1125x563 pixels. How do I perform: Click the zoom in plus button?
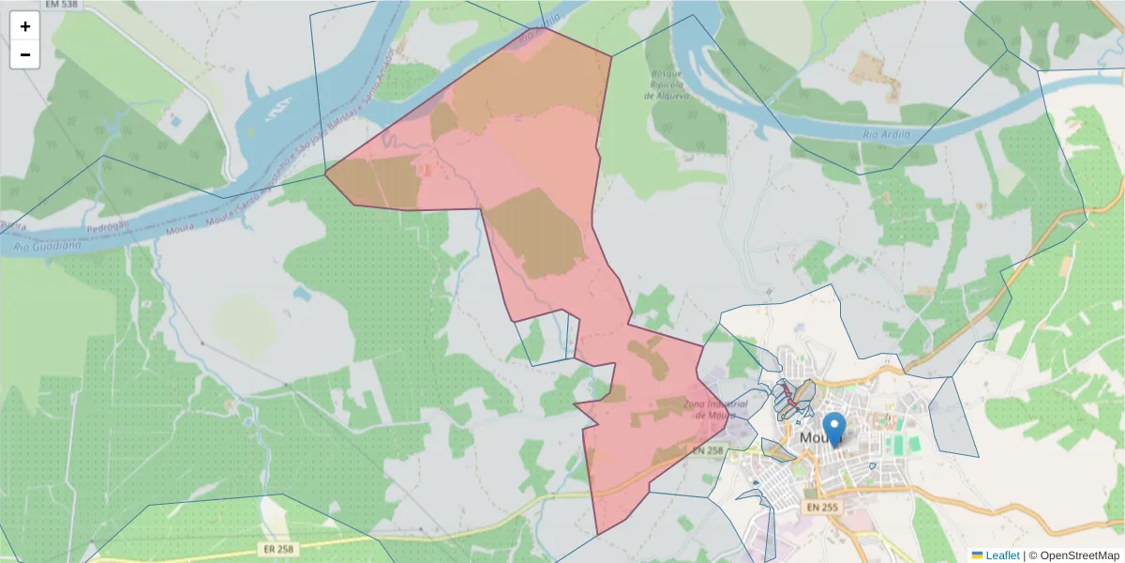point(25,26)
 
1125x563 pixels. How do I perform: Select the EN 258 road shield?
point(710,451)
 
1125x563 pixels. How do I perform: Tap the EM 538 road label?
point(28,5)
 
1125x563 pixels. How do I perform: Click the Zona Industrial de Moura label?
point(708,409)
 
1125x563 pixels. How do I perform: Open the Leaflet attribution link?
point(1002,555)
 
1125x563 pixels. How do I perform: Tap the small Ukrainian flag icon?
point(977,555)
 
